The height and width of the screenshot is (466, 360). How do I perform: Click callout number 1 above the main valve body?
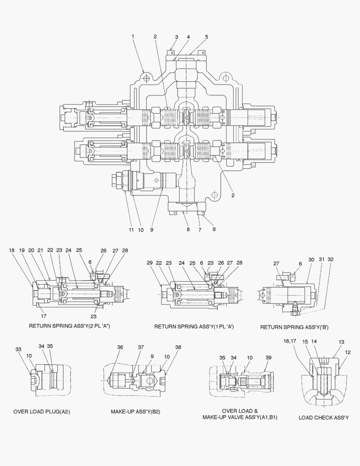pos(133,37)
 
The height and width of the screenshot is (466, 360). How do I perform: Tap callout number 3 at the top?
pos(176,37)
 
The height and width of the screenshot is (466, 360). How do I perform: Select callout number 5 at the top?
pos(207,37)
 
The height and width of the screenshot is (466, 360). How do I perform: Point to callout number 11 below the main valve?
pos(131,230)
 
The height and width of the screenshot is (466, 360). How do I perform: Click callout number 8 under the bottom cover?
pos(188,230)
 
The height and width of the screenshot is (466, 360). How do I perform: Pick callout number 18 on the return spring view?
pos(12,250)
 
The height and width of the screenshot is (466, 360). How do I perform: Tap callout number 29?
pos(150,263)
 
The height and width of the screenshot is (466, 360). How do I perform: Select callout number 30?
pos(311,260)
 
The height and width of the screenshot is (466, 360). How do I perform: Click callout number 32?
pos(331,260)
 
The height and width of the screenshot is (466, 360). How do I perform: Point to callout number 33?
pos(18,349)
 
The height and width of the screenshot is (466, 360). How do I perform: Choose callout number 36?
pos(120,347)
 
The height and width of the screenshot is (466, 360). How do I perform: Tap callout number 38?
pos(178,347)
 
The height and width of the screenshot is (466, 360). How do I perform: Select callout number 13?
pos(341,342)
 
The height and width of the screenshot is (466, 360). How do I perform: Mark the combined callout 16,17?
pos(289,341)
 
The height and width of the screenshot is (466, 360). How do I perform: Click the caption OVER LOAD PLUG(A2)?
pos(42,412)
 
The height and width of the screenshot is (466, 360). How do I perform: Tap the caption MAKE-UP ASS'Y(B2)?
pos(135,412)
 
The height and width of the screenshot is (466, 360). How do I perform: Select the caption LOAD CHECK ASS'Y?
pos(324,418)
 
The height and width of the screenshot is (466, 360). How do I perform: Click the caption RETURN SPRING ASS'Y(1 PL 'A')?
pos(194,327)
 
